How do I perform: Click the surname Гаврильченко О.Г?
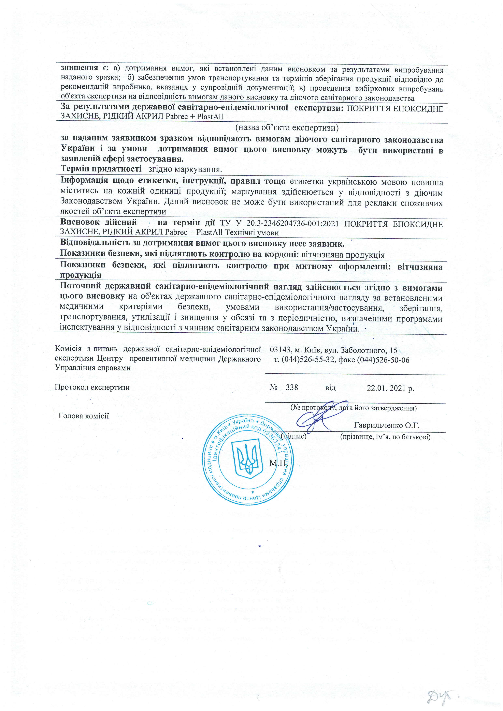pyautogui.click(x=386, y=425)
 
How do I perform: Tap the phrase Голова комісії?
pyautogui.click(x=84, y=416)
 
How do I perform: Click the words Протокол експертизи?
pyautogui.click(x=92, y=387)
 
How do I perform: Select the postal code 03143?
pyautogui.click(x=280, y=350)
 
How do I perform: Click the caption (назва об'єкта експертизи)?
pyautogui.click(x=287, y=127)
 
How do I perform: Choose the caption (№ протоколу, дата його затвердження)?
pyautogui.click(x=353, y=408)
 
